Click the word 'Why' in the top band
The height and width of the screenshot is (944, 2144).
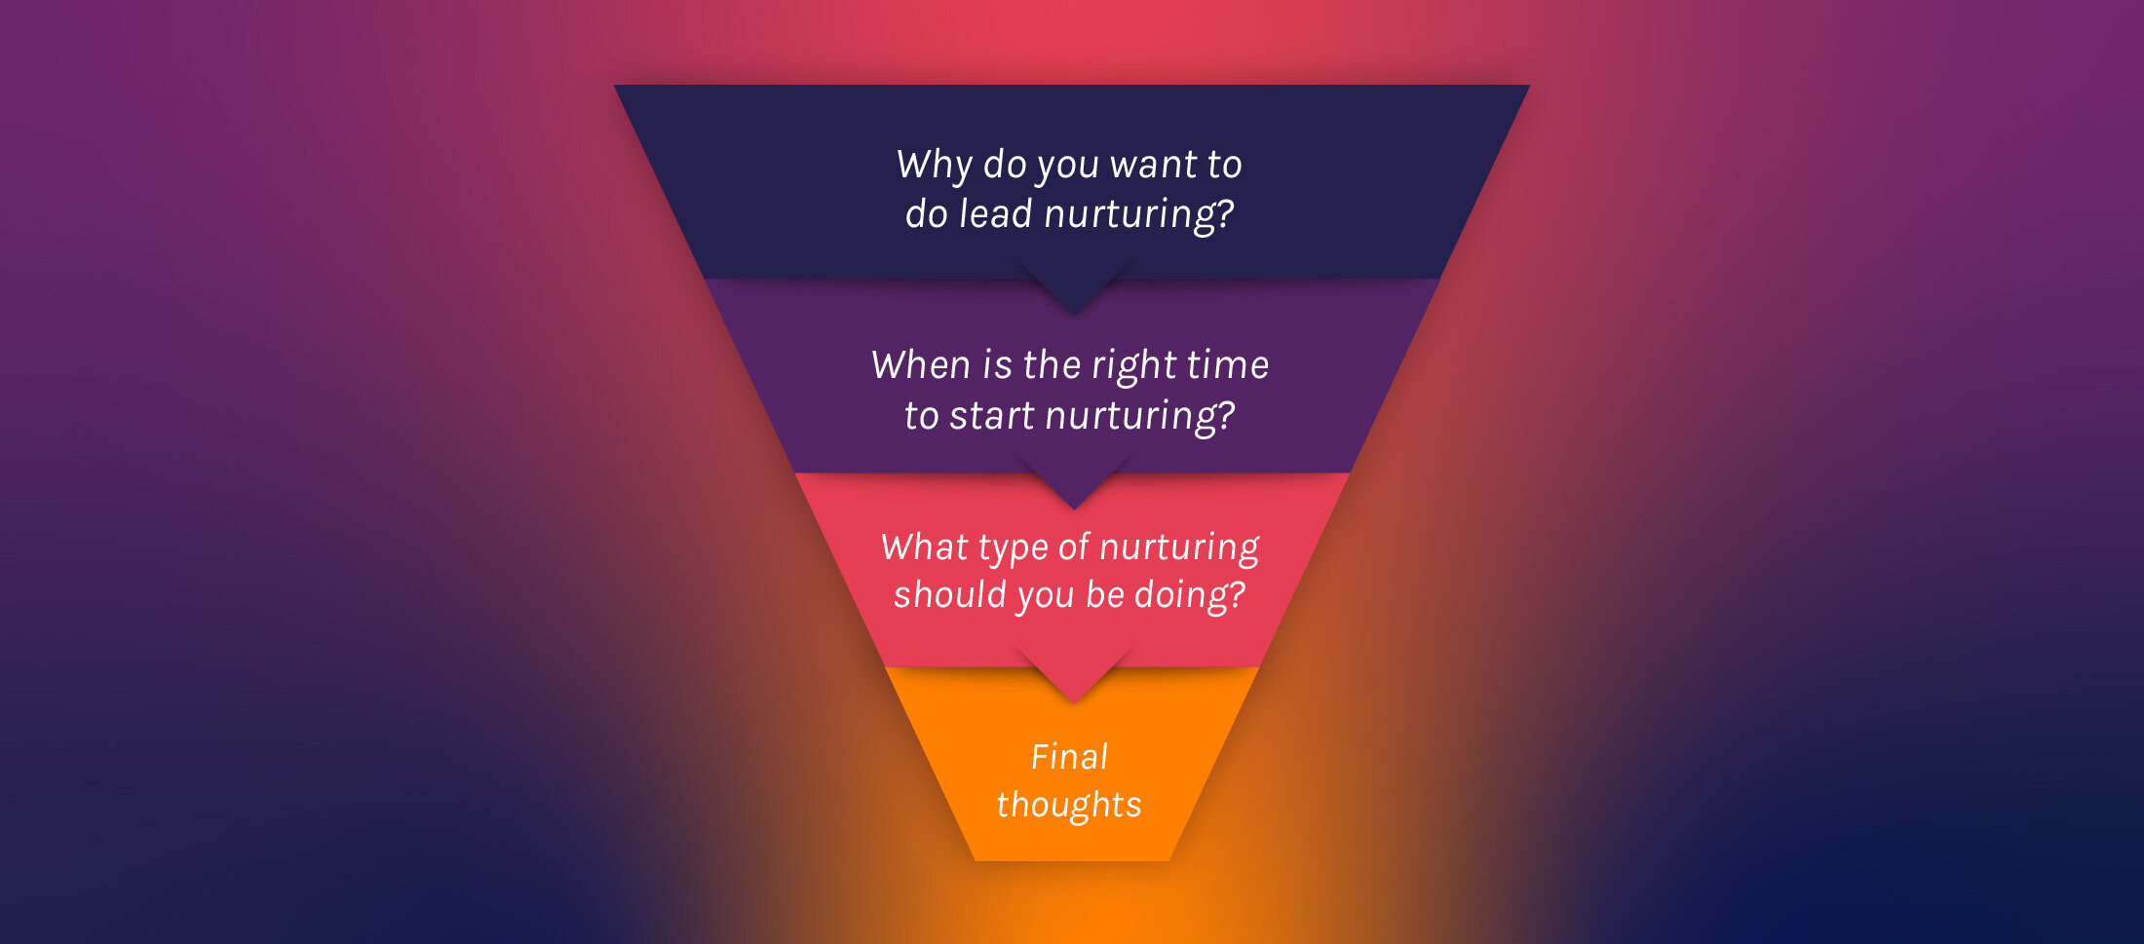click(x=934, y=165)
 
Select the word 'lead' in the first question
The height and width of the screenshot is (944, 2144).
click(x=995, y=214)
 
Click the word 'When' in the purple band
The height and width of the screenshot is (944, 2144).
click(x=920, y=365)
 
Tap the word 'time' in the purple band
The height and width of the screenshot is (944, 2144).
click(x=1228, y=365)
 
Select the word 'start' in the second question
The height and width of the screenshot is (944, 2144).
click(x=992, y=416)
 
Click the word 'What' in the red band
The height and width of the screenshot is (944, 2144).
click(x=924, y=548)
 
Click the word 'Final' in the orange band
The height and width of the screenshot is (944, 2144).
click(x=1069, y=757)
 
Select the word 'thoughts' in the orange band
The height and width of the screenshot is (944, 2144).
click(x=1069, y=806)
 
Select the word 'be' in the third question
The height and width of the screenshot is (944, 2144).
click(x=1105, y=595)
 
